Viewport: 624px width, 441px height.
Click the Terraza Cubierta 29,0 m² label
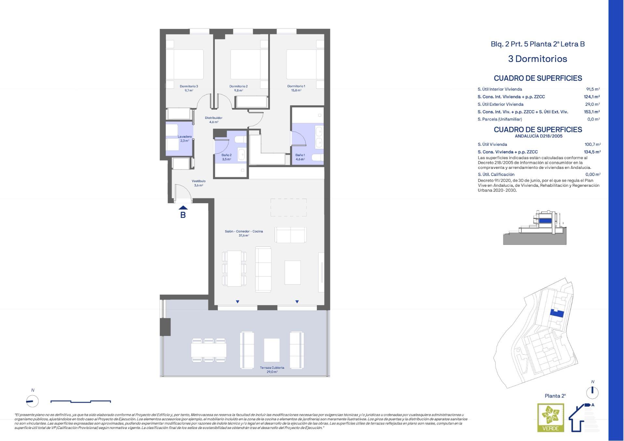coord(272,370)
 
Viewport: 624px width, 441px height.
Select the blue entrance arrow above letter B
coord(183,208)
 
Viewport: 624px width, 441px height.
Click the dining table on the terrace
coord(209,350)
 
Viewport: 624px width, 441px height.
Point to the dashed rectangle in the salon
coord(289,208)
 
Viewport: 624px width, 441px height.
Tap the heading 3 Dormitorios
coord(538,59)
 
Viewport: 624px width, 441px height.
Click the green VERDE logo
coord(551,418)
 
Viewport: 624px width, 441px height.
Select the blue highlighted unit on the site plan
coord(556,314)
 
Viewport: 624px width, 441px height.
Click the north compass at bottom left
coord(32,401)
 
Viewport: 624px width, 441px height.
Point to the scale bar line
coord(81,402)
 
